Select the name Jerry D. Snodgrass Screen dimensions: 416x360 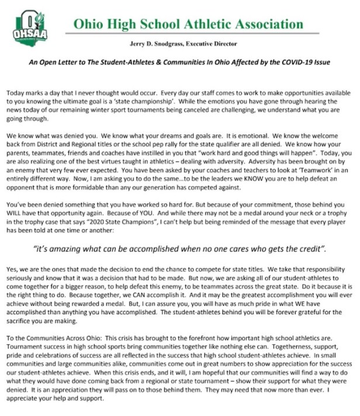coord(166,44)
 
